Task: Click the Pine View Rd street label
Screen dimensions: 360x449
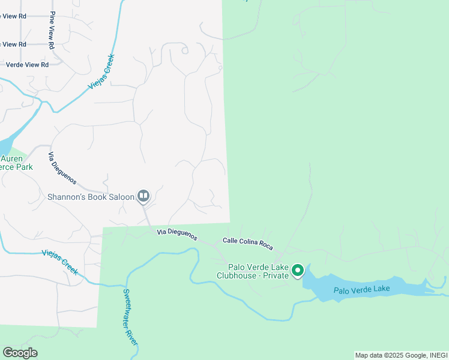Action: click(x=52, y=29)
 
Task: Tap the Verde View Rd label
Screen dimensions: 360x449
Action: click(x=27, y=65)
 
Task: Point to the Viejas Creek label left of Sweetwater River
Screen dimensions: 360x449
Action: click(x=60, y=262)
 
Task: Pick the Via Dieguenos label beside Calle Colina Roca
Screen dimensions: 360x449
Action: click(x=177, y=235)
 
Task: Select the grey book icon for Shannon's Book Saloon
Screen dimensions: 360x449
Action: click(x=143, y=196)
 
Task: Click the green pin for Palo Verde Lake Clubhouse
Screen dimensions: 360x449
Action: click(x=297, y=272)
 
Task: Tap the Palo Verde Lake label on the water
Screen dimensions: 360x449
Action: click(x=361, y=290)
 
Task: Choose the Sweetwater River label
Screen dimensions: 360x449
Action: click(x=131, y=317)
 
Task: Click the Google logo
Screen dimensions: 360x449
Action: click(x=20, y=353)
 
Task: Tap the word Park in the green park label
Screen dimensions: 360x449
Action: click(x=24, y=167)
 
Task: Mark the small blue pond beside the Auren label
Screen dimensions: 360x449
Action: click(x=4, y=146)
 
